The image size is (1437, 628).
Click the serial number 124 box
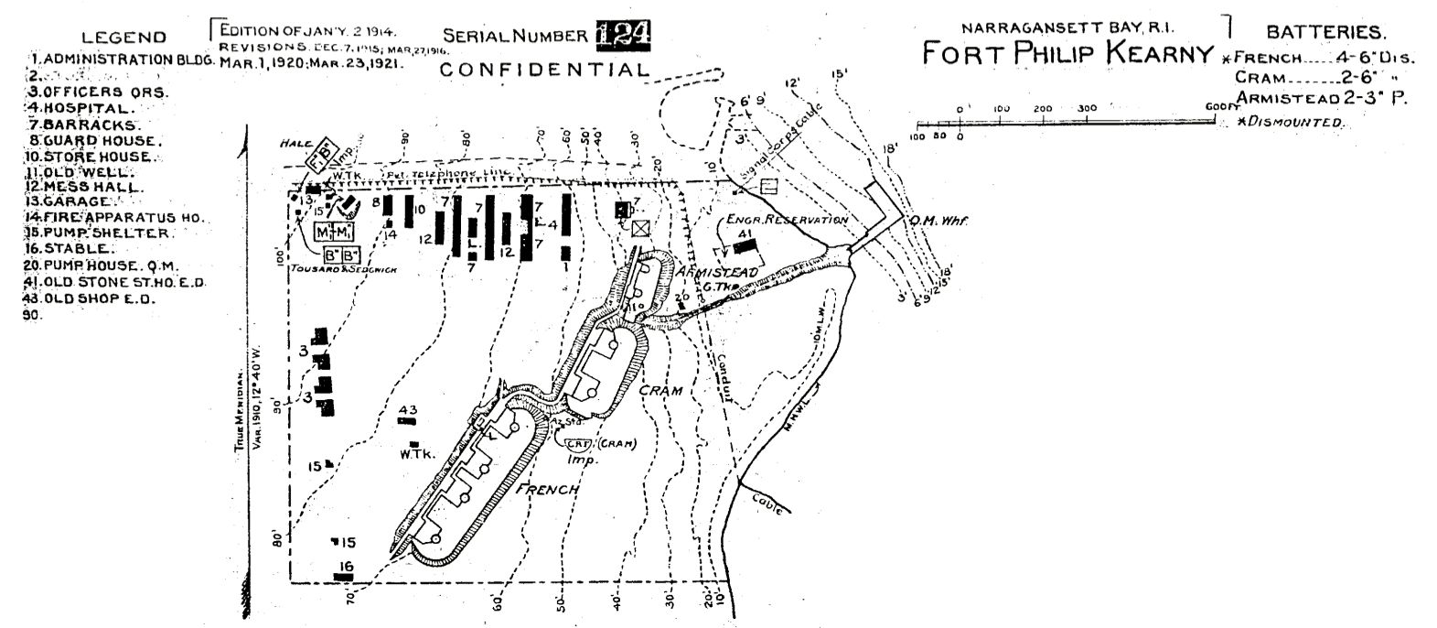(x=624, y=34)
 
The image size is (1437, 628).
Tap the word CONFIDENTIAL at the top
(x=545, y=70)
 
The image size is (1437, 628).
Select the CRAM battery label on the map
(x=660, y=391)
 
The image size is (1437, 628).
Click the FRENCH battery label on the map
(x=548, y=490)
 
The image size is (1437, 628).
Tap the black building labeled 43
(x=407, y=421)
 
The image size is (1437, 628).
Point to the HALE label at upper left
(x=296, y=144)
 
